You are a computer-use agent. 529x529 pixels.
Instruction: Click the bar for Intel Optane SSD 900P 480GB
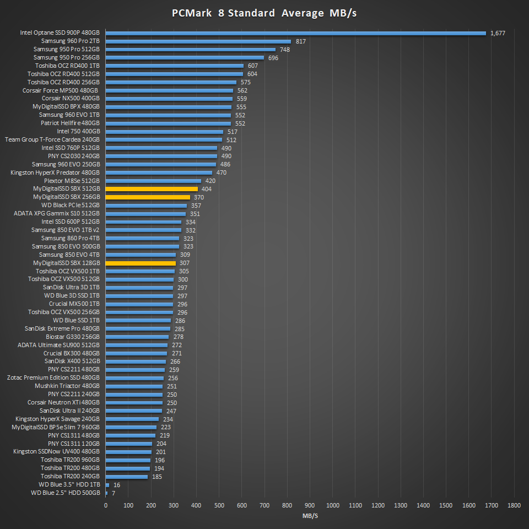click(295, 33)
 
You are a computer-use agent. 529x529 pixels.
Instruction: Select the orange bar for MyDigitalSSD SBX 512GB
click(152, 189)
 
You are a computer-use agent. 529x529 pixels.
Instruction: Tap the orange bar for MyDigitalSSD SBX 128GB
click(141, 263)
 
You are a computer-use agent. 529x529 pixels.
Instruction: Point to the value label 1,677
click(498, 33)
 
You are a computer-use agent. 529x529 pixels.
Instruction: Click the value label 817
click(301, 41)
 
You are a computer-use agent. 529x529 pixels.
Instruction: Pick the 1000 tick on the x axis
click(332, 505)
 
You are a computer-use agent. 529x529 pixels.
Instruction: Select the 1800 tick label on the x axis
click(514, 505)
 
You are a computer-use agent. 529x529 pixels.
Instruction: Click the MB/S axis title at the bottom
click(310, 516)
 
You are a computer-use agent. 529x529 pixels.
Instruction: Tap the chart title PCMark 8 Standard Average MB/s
click(264, 13)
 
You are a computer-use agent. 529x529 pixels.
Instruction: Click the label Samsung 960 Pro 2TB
click(71, 41)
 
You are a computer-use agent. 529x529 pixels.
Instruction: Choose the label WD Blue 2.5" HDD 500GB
click(66, 493)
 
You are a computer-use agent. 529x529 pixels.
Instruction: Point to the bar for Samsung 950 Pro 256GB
click(185, 57)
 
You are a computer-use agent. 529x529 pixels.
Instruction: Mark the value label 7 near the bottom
click(113, 493)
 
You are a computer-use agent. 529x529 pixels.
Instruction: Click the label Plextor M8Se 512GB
click(72, 181)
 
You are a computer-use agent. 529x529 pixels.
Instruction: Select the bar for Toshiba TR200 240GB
click(127, 476)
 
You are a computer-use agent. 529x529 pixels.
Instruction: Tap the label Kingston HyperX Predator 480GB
click(55, 172)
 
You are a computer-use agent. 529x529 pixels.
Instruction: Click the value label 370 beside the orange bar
click(199, 197)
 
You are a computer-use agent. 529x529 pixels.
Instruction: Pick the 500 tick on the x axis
click(219, 505)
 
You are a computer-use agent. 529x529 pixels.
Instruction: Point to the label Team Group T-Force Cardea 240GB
click(52, 139)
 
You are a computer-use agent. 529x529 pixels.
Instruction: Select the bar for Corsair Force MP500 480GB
click(169, 90)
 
